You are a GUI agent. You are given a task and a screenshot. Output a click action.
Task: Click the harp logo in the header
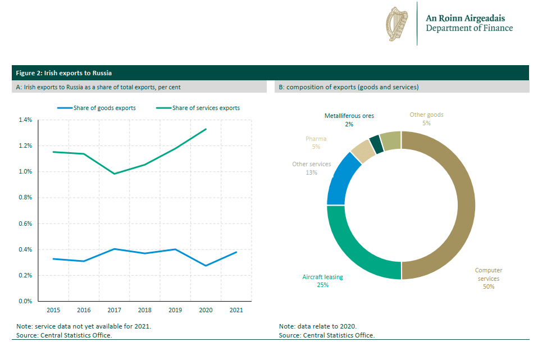397,24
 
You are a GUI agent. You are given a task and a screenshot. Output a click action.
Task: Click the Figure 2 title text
63,73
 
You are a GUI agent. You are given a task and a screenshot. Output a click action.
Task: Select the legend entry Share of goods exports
104,108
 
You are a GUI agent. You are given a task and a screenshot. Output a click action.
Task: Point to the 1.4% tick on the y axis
25,120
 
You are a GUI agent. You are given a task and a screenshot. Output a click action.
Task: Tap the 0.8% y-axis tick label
25,198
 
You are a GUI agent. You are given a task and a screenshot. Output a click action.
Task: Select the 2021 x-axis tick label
236,310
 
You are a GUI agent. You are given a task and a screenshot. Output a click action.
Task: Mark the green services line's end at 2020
206,129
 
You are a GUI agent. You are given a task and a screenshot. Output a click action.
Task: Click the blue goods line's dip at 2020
206,266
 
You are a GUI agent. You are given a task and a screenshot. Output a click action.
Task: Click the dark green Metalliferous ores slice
376,144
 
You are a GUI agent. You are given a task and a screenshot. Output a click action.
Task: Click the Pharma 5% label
316,143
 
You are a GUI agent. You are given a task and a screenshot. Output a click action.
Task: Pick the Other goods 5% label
426,119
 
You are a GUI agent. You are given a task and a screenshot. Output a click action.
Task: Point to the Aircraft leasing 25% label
322,281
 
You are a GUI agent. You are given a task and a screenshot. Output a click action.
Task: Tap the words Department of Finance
469,28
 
